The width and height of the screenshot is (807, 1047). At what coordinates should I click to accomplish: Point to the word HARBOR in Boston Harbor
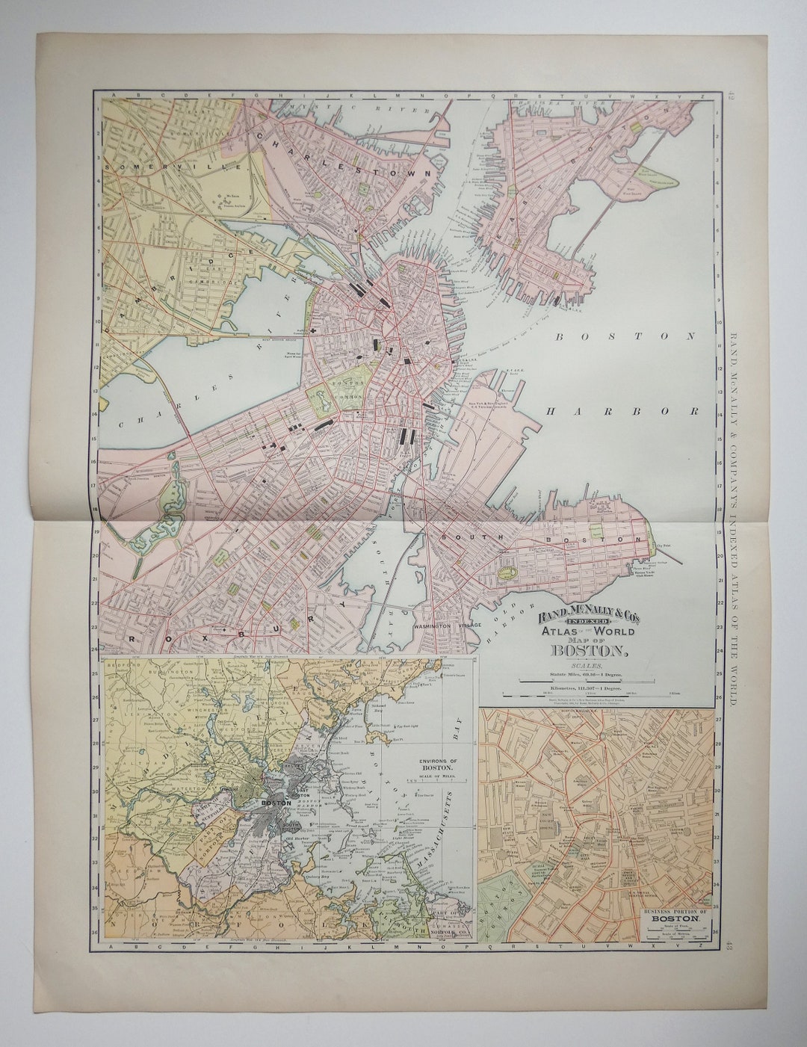click(x=621, y=411)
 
